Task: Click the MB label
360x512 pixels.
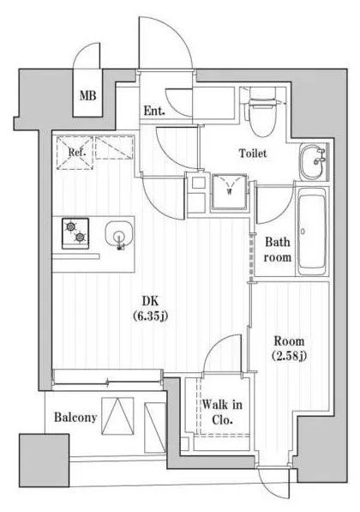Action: (87, 96)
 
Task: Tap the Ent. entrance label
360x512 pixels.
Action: (154, 111)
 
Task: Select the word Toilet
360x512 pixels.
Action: (253, 154)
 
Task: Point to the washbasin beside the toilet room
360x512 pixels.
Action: (313, 162)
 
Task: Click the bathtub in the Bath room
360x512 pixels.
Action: (312, 232)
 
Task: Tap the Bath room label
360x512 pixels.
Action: (278, 250)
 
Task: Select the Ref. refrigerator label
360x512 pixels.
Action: (77, 152)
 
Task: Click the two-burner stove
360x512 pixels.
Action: (75, 234)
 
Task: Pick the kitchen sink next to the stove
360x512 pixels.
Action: (119, 235)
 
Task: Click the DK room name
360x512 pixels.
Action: (150, 301)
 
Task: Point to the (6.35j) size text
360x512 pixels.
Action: (150, 316)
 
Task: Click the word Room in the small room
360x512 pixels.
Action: (289, 341)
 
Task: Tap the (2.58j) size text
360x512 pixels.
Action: (289, 356)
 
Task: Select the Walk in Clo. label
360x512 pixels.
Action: (222, 412)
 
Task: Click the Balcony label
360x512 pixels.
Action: (75, 418)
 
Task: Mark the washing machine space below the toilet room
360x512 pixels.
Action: (229, 192)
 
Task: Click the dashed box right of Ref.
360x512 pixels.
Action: (114, 148)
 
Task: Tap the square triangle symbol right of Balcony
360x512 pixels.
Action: (117, 416)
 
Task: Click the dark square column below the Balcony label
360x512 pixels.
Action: (44, 460)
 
